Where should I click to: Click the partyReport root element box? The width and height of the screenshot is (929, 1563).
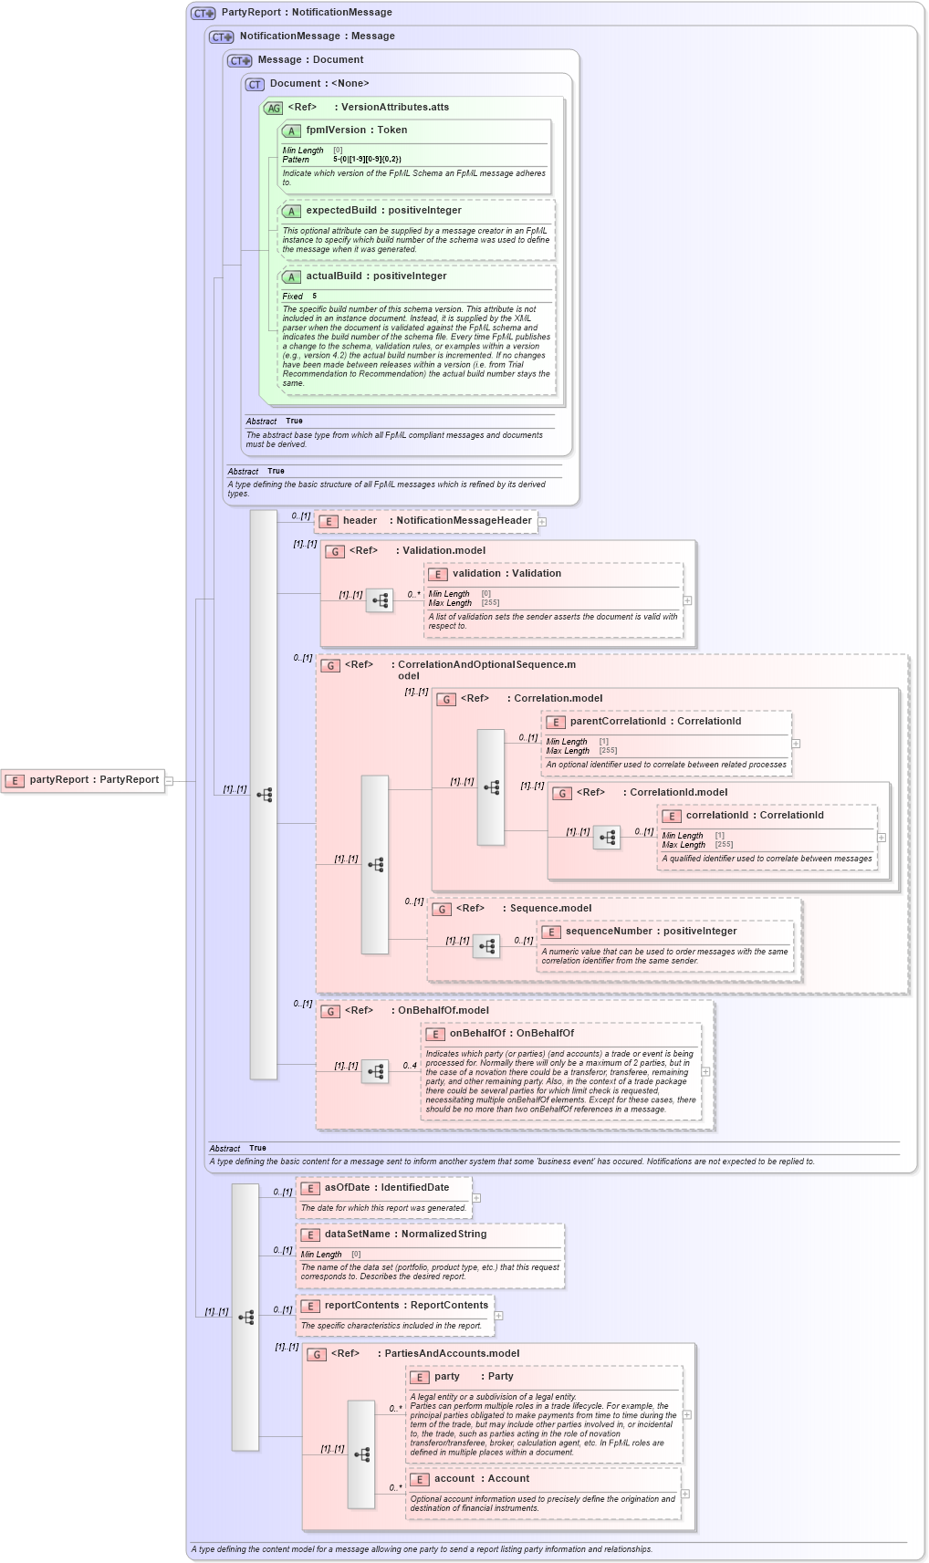pyautogui.click(x=83, y=780)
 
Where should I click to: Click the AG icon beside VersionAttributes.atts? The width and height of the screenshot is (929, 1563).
pyautogui.click(x=274, y=108)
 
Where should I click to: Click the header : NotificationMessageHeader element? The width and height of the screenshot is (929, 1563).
pyautogui.click(x=427, y=521)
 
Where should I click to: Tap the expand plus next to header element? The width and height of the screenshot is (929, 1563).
pyautogui.click(x=542, y=522)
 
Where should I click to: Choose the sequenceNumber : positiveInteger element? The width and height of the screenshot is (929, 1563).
pyautogui.click(x=651, y=932)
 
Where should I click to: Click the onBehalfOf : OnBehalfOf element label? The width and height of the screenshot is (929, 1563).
pyautogui.click(x=511, y=1034)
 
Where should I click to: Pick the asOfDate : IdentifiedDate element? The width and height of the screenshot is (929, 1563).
pyautogui.click(x=385, y=1188)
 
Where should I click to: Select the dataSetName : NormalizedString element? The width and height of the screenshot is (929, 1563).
pyautogui.click(x=404, y=1235)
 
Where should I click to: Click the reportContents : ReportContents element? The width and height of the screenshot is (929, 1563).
pyautogui.click(x=405, y=1306)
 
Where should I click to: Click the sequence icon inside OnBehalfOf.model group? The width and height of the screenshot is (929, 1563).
pyautogui.click(x=375, y=1071)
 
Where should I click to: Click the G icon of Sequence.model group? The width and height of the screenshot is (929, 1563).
pyautogui.click(x=442, y=910)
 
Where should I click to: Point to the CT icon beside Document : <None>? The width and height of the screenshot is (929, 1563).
pyautogui.click(x=255, y=85)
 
